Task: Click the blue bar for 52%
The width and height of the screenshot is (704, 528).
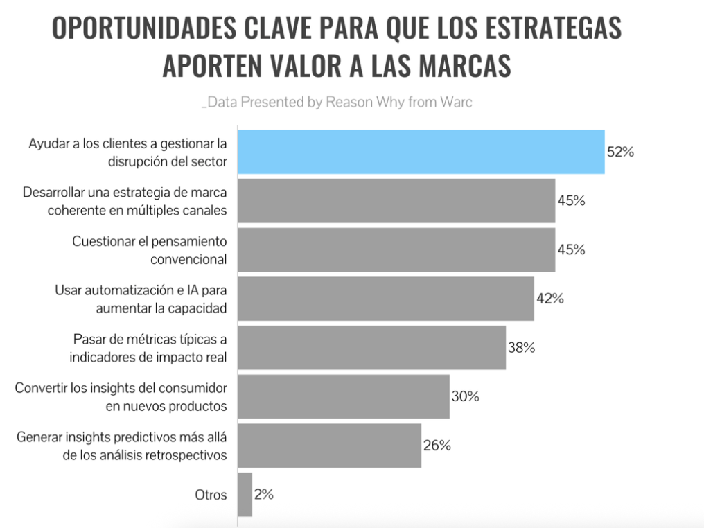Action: (421, 151)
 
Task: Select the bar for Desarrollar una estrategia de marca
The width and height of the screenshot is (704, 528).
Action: (396, 200)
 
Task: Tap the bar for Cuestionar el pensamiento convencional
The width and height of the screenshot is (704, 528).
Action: (396, 249)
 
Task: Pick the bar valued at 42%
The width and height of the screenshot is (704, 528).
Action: (385, 299)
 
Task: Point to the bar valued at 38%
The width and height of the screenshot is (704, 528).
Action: (371, 348)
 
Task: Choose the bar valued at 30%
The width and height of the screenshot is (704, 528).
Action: (343, 396)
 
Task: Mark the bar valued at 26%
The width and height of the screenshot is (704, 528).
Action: (329, 446)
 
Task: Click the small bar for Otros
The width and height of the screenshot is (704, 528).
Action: (245, 495)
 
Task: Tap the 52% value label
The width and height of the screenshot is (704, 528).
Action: (620, 152)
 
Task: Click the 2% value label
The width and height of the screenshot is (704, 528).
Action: (264, 495)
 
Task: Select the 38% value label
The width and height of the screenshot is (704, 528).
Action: (522, 348)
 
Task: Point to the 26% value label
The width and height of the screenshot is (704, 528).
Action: (437, 446)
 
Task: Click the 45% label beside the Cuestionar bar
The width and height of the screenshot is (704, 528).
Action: (572, 249)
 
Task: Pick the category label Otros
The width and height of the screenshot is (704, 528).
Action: (211, 495)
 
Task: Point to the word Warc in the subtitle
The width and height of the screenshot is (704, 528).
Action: (455, 102)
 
